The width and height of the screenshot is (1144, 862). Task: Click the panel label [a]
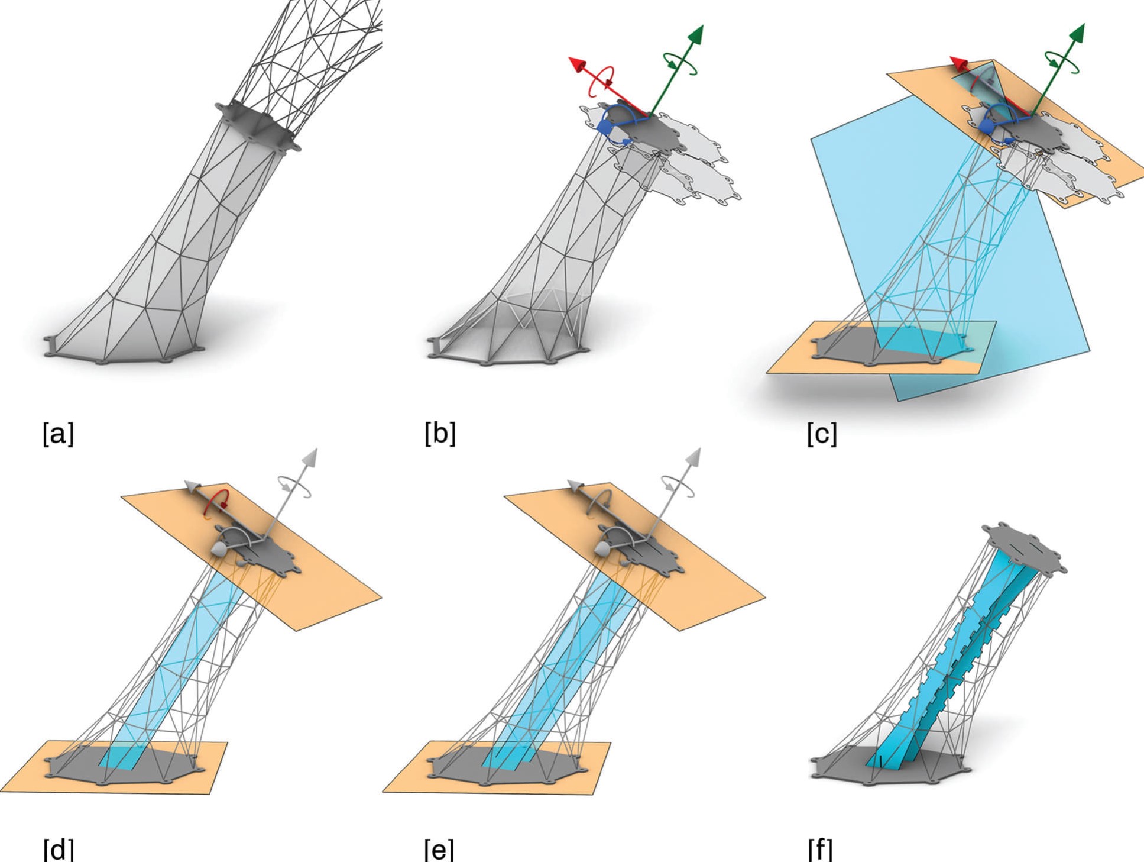(x=58, y=434)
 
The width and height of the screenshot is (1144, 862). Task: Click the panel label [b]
(x=440, y=434)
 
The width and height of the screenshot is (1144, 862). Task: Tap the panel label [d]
(x=58, y=849)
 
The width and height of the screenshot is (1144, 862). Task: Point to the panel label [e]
(x=439, y=849)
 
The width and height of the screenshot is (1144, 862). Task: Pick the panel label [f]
(x=820, y=849)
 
